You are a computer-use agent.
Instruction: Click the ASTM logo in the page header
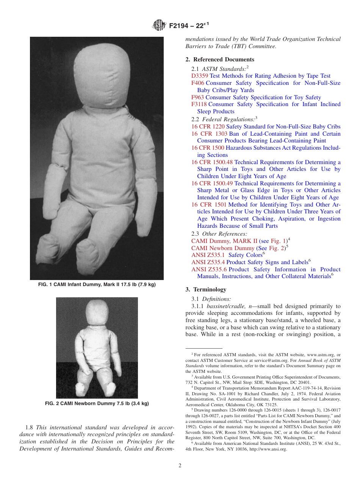pyautogui.click(x=159, y=25)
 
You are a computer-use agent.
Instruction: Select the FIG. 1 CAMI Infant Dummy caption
pyautogui.click(x=97, y=284)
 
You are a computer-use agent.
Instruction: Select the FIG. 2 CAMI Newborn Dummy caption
pyautogui.click(x=97, y=404)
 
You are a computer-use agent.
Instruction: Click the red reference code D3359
pyautogui.click(x=200, y=76)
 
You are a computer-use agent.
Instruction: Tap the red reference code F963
pyautogui.click(x=198, y=97)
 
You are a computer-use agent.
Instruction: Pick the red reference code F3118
pyautogui.click(x=199, y=104)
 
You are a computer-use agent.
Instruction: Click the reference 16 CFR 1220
pyautogui.click(x=208, y=127)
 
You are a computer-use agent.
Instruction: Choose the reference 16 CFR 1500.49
pyautogui.click(x=212, y=183)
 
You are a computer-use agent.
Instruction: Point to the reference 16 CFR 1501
pyautogui.click(x=209, y=205)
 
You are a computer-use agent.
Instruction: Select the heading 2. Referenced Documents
pyautogui.click(x=220, y=59)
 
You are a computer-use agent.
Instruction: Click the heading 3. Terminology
pyautogui.click(x=206, y=290)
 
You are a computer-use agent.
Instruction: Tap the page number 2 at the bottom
pyautogui.click(x=180, y=466)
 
